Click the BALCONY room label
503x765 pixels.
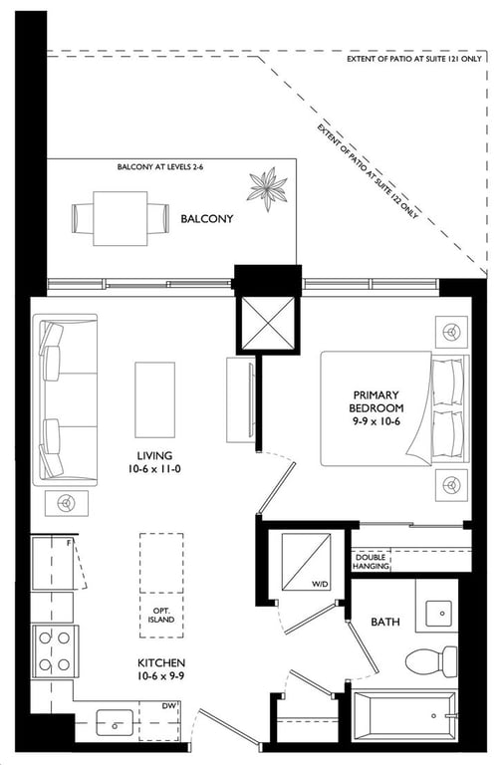207,218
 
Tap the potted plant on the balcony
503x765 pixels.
267,189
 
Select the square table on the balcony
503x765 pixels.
120,218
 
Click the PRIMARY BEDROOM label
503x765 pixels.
377,401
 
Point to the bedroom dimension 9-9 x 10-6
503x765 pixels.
377,421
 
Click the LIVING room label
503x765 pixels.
154,455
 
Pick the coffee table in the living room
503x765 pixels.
154,400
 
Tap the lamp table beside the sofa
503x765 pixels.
67,503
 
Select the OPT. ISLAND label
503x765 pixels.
161,616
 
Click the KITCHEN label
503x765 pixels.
161,663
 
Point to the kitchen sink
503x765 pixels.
115,722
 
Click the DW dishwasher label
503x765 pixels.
168,705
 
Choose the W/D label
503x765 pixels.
321,584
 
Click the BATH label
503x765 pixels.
384,622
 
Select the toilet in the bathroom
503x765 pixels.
431,662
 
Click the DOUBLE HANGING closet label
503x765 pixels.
371,562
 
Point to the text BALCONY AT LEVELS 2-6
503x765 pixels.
160,167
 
